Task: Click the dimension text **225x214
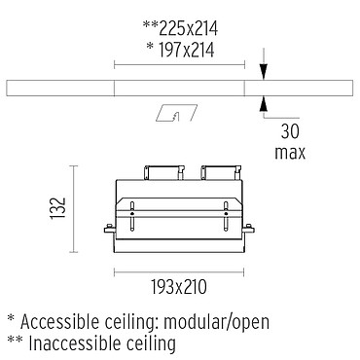click(x=180, y=28)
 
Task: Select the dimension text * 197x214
click(x=181, y=51)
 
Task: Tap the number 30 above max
click(x=290, y=131)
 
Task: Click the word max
click(x=290, y=153)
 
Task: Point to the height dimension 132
click(x=58, y=208)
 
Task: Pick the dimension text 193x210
click(x=179, y=287)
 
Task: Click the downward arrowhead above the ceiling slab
click(x=264, y=71)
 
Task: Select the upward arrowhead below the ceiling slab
click(x=264, y=104)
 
